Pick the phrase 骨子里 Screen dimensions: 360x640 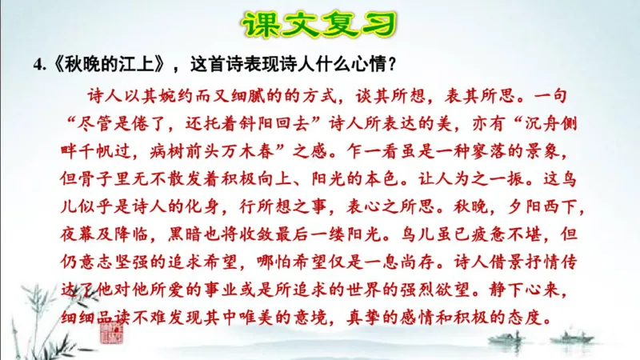[x=114, y=176]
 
